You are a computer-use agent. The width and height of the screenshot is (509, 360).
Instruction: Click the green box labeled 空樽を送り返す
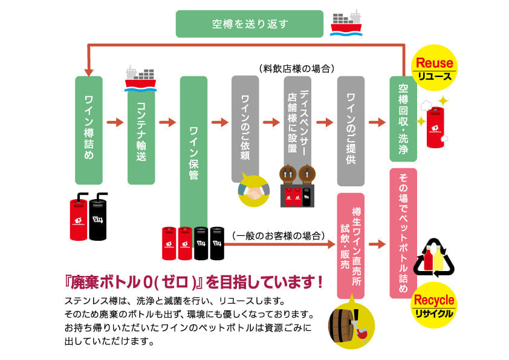point(249,24)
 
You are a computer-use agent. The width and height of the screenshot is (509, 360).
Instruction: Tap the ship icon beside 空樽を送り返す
point(346,22)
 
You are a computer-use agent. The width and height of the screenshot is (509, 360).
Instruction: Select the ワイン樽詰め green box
point(89,130)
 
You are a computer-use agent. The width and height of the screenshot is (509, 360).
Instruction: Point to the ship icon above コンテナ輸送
point(140,77)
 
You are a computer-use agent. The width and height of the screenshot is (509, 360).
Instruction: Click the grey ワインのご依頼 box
point(245,129)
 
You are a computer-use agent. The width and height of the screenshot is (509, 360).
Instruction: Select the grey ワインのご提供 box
point(351,130)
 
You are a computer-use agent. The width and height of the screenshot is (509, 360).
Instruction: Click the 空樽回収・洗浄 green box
point(403,118)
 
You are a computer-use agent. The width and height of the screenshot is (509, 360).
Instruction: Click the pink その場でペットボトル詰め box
point(403,233)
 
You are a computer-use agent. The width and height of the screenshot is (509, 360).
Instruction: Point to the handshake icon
point(254,190)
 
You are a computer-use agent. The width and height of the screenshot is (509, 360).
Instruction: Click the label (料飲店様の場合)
point(296,68)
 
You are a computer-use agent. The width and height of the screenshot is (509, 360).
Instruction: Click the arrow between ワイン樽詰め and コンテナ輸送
point(115,122)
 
